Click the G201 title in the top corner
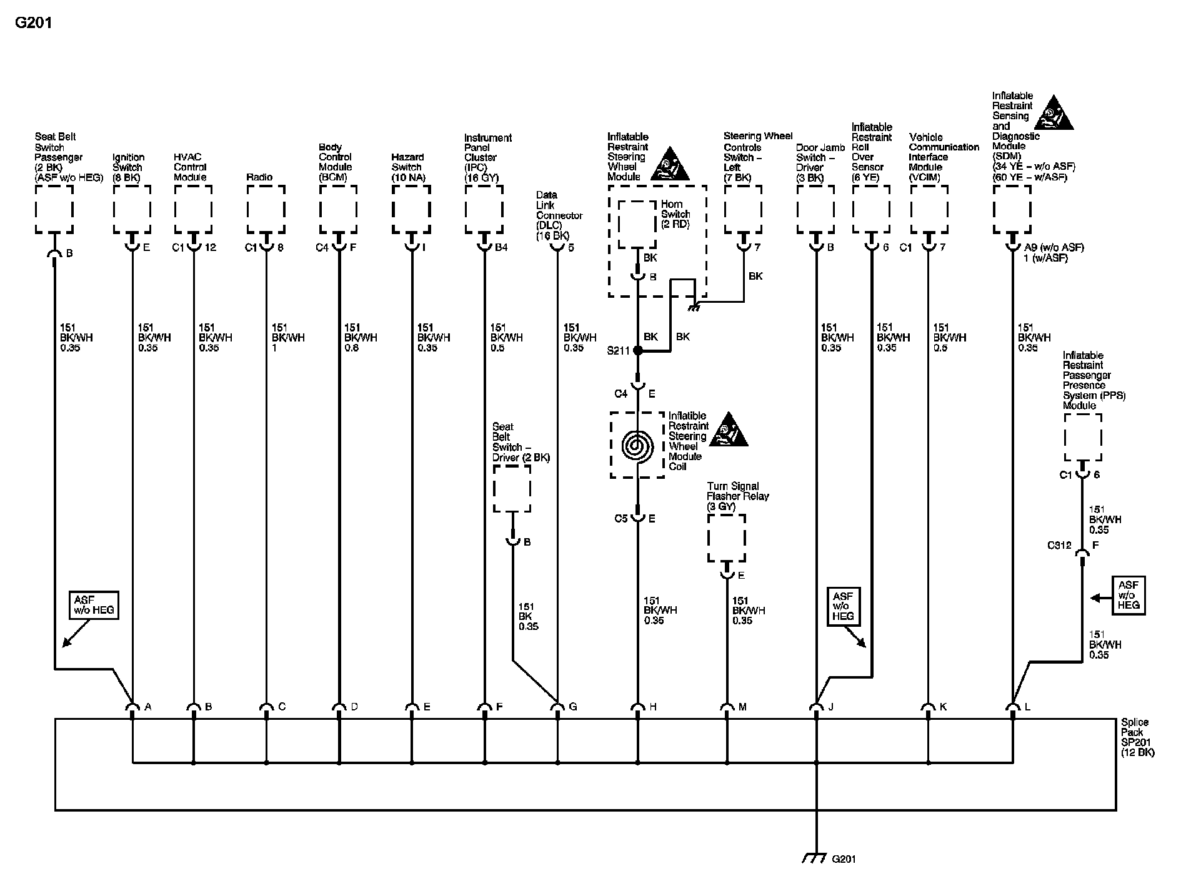33,23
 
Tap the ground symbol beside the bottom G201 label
814,858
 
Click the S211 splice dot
637,351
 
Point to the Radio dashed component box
266,209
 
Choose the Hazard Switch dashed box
411,209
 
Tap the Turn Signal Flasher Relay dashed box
726,538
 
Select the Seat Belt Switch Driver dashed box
512,488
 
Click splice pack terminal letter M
742,707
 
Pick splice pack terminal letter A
148,707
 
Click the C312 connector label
1059,545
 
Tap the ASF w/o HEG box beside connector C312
1128,596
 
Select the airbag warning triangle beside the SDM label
1054,114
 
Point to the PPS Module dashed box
1082,437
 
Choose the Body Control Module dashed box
338,209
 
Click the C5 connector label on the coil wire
620,519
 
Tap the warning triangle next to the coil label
728,431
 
